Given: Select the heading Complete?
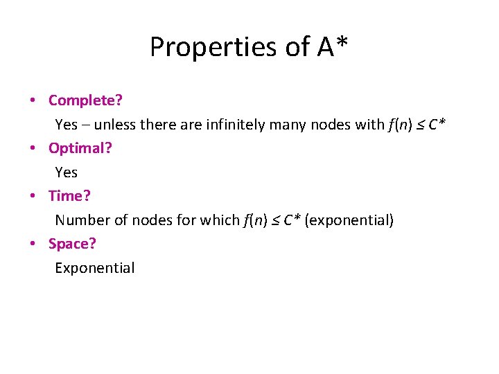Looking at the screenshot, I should click(85, 100).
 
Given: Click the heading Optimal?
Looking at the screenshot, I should click(80, 148).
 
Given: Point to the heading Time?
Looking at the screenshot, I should click(69, 196).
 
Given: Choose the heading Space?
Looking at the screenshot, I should click(72, 244).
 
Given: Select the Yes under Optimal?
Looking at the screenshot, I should click(67, 172).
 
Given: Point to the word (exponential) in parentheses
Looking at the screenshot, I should click(349, 220).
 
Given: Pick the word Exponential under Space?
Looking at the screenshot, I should click(95, 268).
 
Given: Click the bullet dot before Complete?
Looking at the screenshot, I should click(33, 101).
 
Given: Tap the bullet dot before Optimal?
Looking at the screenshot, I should click(33, 149).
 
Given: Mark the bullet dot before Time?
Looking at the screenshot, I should click(33, 197).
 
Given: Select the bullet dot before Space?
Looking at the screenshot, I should click(33, 244).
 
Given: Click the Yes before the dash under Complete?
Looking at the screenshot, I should click(67, 125).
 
